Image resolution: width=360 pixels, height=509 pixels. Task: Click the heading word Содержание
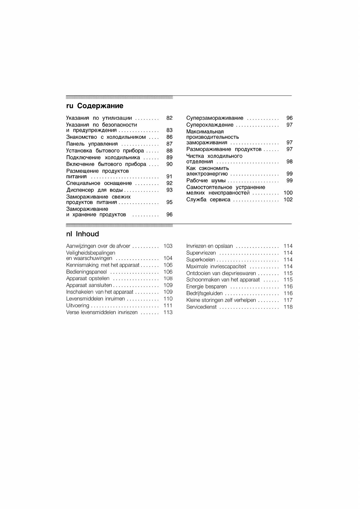(x=100, y=106)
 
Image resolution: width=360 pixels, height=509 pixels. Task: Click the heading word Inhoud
(x=87, y=234)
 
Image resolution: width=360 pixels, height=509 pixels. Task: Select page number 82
(x=169, y=118)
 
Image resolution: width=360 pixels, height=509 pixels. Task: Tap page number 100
(x=288, y=193)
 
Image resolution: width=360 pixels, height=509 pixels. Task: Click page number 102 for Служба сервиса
(x=288, y=199)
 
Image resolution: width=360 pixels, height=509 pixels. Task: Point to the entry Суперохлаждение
(x=210, y=125)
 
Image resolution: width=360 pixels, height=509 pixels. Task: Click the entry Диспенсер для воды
(x=94, y=190)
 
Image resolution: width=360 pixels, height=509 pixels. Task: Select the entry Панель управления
(x=92, y=144)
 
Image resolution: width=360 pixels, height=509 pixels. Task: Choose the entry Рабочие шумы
(x=206, y=180)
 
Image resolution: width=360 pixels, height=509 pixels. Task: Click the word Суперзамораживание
(x=214, y=118)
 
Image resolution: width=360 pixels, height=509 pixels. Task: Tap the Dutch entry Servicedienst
(x=201, y=307)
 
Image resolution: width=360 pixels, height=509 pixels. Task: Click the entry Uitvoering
(x=78, y=306)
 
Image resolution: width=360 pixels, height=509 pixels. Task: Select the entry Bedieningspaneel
(x=87, y=272)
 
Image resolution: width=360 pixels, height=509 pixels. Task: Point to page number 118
(x=288, y=307)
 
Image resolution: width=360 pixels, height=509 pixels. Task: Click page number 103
(x=168, y=246)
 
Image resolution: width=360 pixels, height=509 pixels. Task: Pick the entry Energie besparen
(x=206, y=287)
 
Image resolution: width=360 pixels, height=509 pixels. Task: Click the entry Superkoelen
(x=201, y=260)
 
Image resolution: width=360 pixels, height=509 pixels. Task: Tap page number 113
(x=168, y=312)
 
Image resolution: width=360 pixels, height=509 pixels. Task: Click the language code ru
(x=70, y=106)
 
